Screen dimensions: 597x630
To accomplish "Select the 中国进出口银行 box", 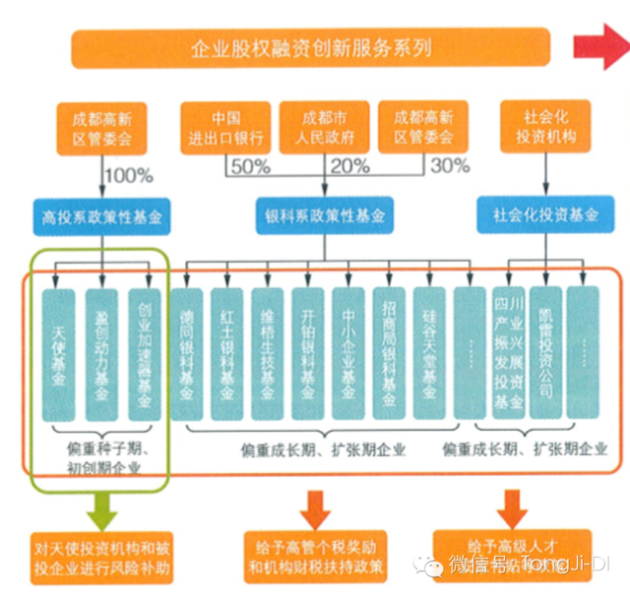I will (x=220, y=126).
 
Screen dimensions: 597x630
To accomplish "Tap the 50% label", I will (x=250, y=166).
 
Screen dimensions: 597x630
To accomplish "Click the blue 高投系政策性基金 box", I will (x=102, y=213).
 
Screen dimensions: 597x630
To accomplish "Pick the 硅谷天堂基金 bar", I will (x=429, y=349).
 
